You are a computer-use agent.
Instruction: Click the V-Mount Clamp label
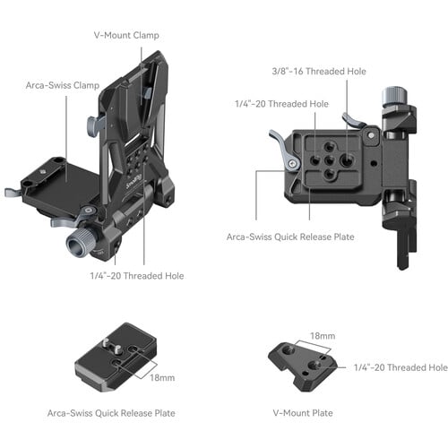127,35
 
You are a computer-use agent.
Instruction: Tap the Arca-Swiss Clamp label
63,87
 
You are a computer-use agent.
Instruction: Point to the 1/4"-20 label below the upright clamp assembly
136,276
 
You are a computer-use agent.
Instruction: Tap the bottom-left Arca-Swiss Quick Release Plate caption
111,413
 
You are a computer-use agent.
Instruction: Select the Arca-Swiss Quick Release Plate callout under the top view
286,237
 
